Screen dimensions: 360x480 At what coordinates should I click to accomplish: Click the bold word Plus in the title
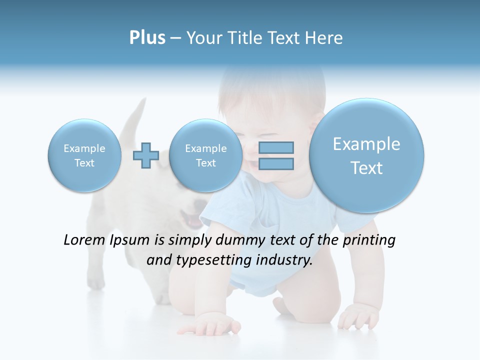pos(147,38)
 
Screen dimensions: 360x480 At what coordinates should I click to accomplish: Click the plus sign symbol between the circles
pos(145,155)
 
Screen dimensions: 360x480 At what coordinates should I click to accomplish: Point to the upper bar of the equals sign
pos(276,147)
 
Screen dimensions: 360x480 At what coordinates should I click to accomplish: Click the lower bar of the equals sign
pos(276,163)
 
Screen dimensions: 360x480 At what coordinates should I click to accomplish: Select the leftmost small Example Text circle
pos(84,155)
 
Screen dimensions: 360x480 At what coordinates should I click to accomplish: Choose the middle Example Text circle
pos(205,155)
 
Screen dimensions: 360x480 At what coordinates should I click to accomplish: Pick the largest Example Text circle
pos(366,155)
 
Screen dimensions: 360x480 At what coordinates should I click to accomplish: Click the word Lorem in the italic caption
pos(84,240)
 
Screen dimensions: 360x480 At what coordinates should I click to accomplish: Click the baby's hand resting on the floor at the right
pos(358,315)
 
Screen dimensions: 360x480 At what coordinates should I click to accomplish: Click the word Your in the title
pos(203,38)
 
